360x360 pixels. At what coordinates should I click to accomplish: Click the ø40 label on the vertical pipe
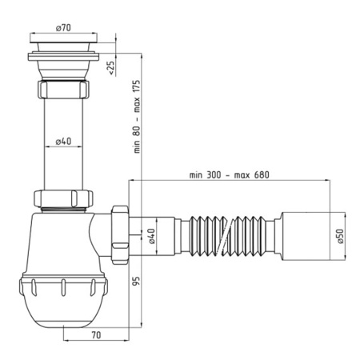pos(66,142)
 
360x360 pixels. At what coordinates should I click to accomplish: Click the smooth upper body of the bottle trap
pos(60,240)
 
